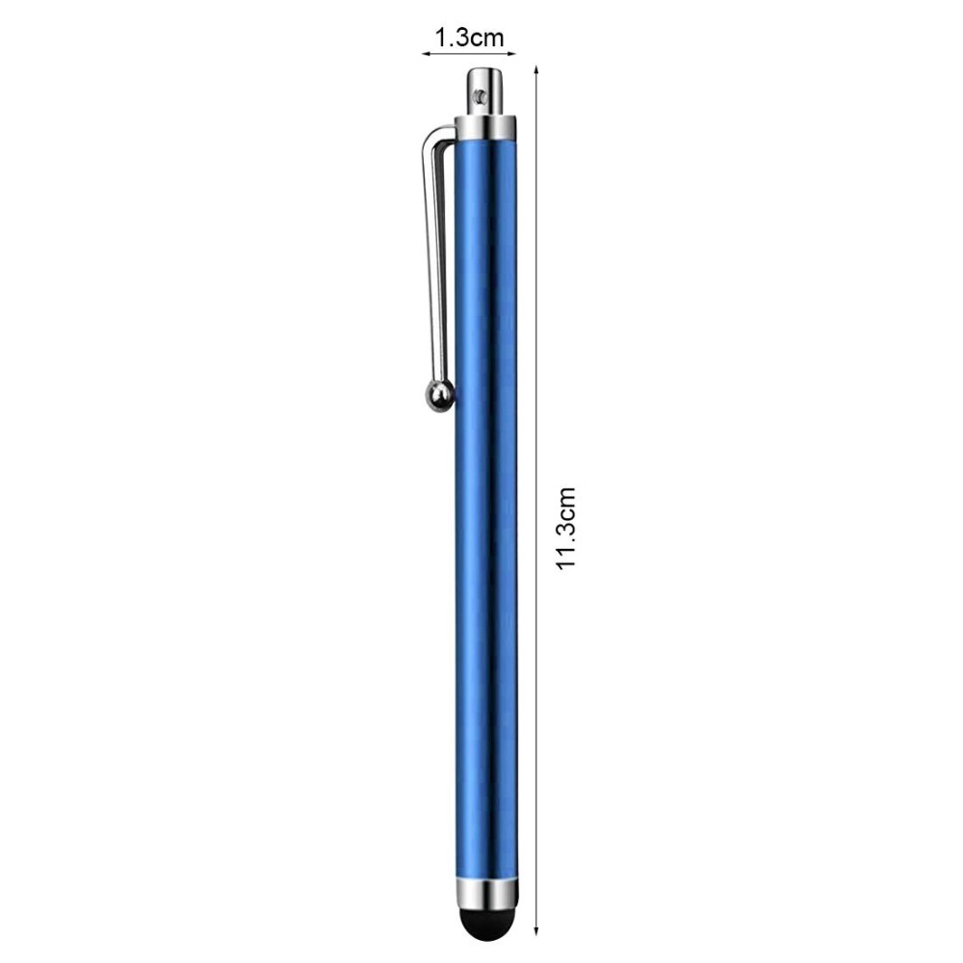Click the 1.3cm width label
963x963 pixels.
click(x=469, y=39)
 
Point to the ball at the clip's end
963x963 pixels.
click(x=438, y=395)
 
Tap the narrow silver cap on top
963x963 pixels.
click(x=486, y=91)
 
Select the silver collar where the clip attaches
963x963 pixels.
click(x=486, y=127)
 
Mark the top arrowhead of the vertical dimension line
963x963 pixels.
click(x=535, y=69)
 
